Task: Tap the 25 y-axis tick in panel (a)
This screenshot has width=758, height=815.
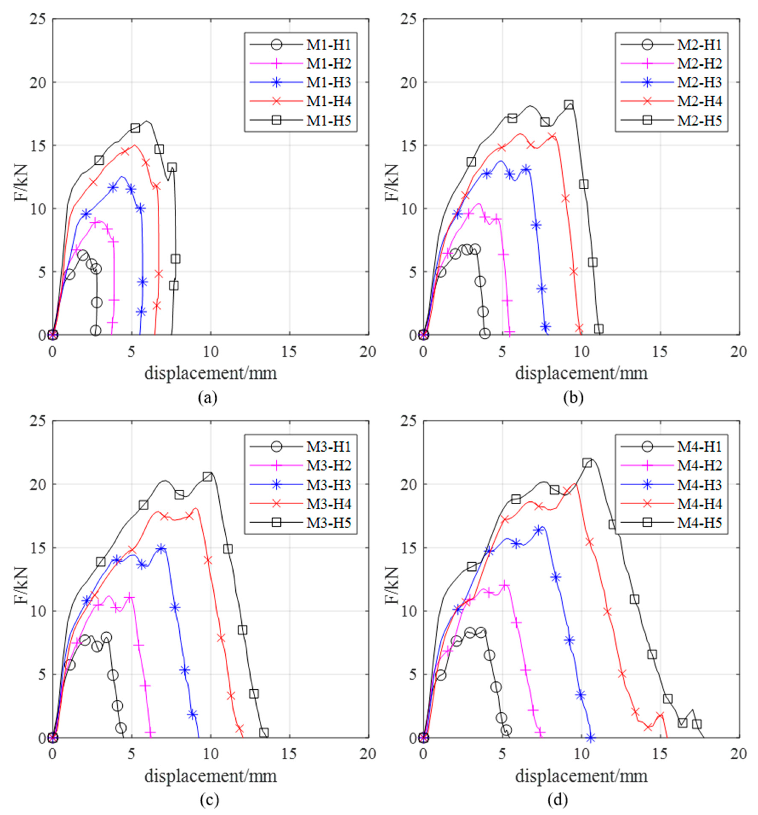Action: point(37,19)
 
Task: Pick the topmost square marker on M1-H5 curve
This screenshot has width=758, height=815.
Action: point(135,128)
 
